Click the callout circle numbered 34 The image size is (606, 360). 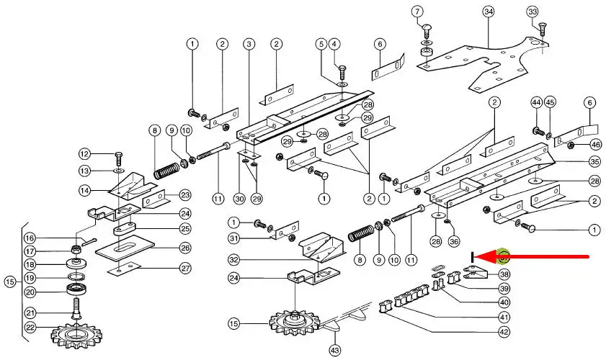point(489,12)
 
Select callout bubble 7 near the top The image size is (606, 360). point(417,12)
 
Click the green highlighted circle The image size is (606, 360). point(504,256)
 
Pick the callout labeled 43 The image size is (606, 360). point(334,349)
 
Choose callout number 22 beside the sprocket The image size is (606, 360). point(30,327)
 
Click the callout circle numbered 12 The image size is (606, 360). point(84,153)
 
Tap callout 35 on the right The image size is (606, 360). point(595,161)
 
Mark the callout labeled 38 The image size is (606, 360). point(504,274)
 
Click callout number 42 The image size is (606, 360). point(504,332)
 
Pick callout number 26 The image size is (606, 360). point(185,248)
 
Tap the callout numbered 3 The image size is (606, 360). point(249,45)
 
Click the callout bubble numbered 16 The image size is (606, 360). point(30,238)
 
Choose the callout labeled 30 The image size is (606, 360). point(239,198)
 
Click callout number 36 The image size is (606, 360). point(453,242)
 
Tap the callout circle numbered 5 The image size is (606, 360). point(321,45)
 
